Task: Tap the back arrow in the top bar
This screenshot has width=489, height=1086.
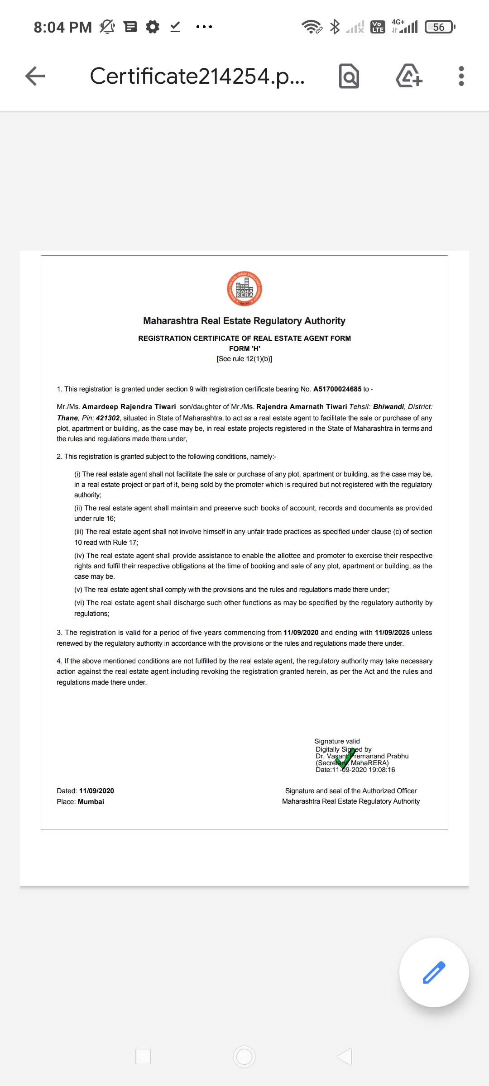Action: [35, 76]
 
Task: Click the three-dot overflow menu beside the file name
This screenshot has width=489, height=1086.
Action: [461, 76]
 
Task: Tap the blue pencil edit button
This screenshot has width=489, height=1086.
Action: [434, 972]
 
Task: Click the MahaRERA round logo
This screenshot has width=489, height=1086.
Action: [244, 289]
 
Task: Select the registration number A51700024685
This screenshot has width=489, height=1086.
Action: [337, 389]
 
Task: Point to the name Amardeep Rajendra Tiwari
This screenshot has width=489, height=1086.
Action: [129, 407]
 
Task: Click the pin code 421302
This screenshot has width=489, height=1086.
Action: [108, 418]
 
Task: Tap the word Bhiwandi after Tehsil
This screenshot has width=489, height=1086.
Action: [388, 407]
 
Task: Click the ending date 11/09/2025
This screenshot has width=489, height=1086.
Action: [392, 633]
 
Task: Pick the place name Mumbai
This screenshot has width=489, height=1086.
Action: [91, 802]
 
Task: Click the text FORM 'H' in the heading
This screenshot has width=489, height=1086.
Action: [244, 348]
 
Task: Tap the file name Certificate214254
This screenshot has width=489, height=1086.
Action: [197, 76]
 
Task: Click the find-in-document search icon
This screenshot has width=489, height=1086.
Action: [349, 76]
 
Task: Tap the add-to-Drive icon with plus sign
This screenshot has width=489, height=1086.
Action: [409, 76]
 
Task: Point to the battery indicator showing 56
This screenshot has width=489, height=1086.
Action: [439, 27]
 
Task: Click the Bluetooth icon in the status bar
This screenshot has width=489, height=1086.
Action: [335, 27]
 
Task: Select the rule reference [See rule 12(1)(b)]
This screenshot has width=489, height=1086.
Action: [244, 359]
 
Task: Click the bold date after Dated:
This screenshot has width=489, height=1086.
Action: [96, 791]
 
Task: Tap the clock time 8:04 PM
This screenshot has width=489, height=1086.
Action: [62, 27]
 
